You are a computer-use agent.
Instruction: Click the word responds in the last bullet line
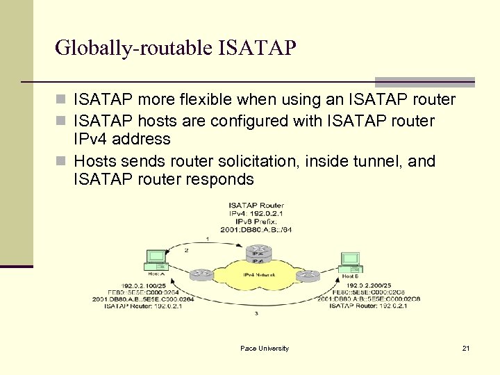[222, 179]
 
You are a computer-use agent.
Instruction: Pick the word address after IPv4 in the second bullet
[142, 140]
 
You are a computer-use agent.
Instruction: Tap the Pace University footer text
[265, 348]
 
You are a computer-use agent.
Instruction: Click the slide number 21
[466, 348]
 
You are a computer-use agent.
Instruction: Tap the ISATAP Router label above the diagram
[256, 206]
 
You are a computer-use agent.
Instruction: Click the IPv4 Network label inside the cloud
[258, 275]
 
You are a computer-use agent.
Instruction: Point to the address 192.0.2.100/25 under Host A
[144, 285]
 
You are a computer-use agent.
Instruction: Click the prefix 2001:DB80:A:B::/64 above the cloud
[256, 229]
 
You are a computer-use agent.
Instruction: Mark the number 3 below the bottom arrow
[257, 313]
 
